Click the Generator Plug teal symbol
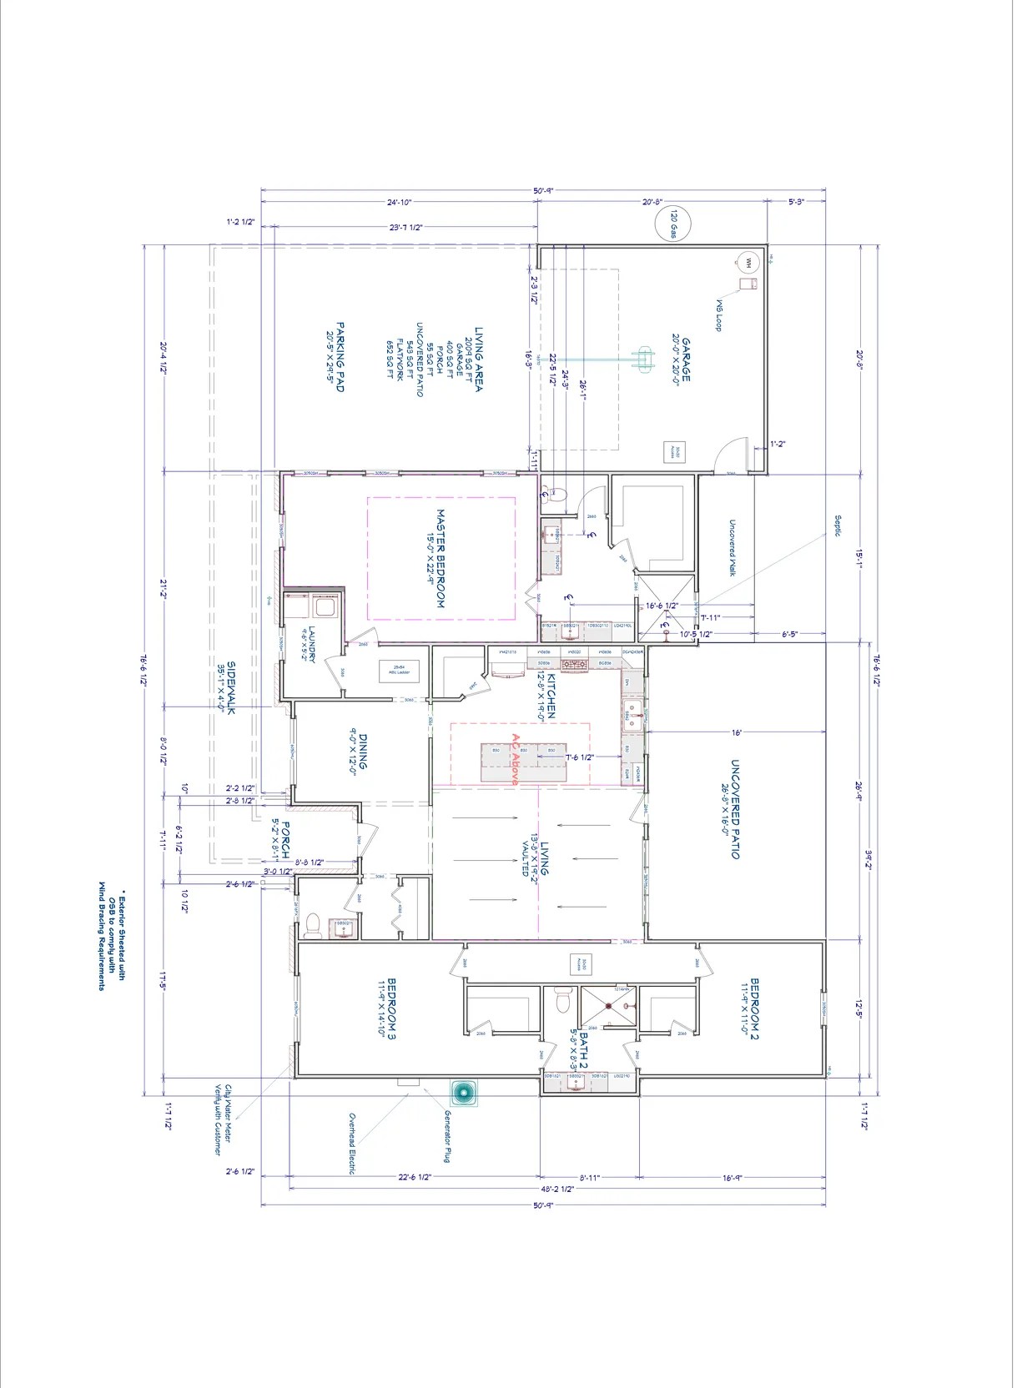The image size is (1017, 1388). tap(465, 1093)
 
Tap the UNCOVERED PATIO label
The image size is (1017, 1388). tap(732, 809)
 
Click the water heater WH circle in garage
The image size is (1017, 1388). tap(748, 263)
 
